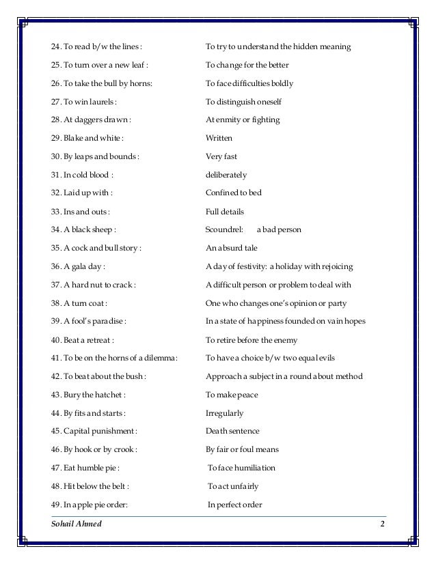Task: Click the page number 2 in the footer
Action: pyautogui.click(x=383, y=524)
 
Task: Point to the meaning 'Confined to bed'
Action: pyautogui.click(x=234, y=193)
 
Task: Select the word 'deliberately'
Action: pyautogui.click(x=226, y=175)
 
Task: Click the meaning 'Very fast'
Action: pyautogui.click(x=221, y=157)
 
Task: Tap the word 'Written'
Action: pyautogui.click(x=219, y=139)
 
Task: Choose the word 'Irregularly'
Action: pyautogui.click(x=224, y=414)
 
